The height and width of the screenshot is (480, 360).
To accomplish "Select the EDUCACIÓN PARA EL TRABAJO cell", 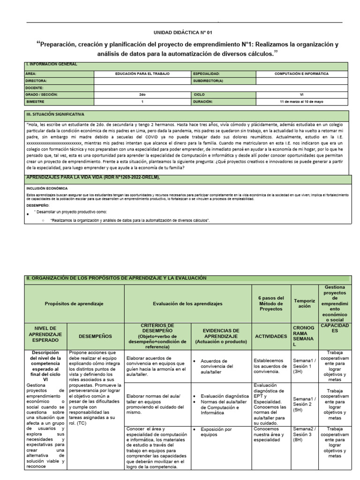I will point(142,74).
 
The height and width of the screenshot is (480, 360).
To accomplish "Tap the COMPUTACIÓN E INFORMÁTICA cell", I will point(301,74).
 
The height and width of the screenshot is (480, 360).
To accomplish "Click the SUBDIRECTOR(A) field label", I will point(208,81).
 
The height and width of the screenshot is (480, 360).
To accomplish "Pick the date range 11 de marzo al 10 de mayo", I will point(301,101).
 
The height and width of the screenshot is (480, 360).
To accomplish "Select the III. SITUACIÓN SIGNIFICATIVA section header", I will point(55,114).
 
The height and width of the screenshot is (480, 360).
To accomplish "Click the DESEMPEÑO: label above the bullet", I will point(37,205).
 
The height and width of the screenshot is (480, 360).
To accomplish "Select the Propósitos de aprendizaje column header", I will point(74,303).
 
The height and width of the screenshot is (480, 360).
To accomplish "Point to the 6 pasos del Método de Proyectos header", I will point(271,303).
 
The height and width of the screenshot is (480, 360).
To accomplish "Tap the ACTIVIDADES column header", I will point(271,336).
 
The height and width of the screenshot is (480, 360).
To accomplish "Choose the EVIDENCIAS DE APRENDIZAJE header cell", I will point(220,336).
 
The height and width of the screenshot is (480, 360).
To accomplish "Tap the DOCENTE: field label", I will point(35,88).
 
